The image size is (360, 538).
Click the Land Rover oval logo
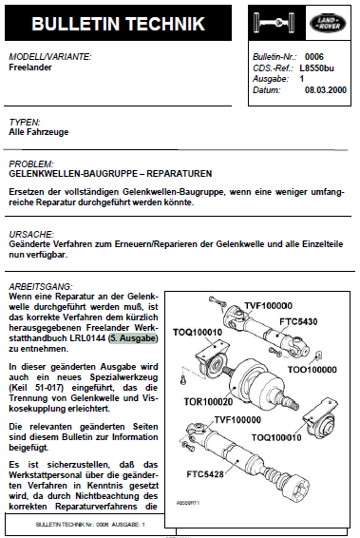pos(328,23)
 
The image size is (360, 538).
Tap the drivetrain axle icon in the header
pos(274,23)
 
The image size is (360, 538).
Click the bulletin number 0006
pos(314,57)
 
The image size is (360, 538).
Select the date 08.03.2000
pos(326,90)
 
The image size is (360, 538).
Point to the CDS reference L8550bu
pos(316,67)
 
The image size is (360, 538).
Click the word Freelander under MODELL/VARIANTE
pos(30,67)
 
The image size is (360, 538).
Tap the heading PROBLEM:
pos(30,163)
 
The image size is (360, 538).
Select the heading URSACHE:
pos(31,235)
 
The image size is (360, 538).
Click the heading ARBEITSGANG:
pos(41,286)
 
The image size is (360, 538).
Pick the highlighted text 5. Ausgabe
pos(133,338)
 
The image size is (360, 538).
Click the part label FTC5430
pos(298,321)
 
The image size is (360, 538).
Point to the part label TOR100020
pos(208,401)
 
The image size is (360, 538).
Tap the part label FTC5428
pos(205,474)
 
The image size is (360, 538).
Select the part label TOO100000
pos(312,370)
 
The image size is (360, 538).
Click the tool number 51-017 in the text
pos(49,388)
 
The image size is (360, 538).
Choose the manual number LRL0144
pos(87,338)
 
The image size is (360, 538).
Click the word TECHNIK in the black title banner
pos(165,24)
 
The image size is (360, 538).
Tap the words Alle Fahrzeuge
pos(39,132)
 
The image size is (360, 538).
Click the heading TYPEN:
pos(25,122)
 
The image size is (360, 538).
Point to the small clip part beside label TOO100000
pos(318,355)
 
